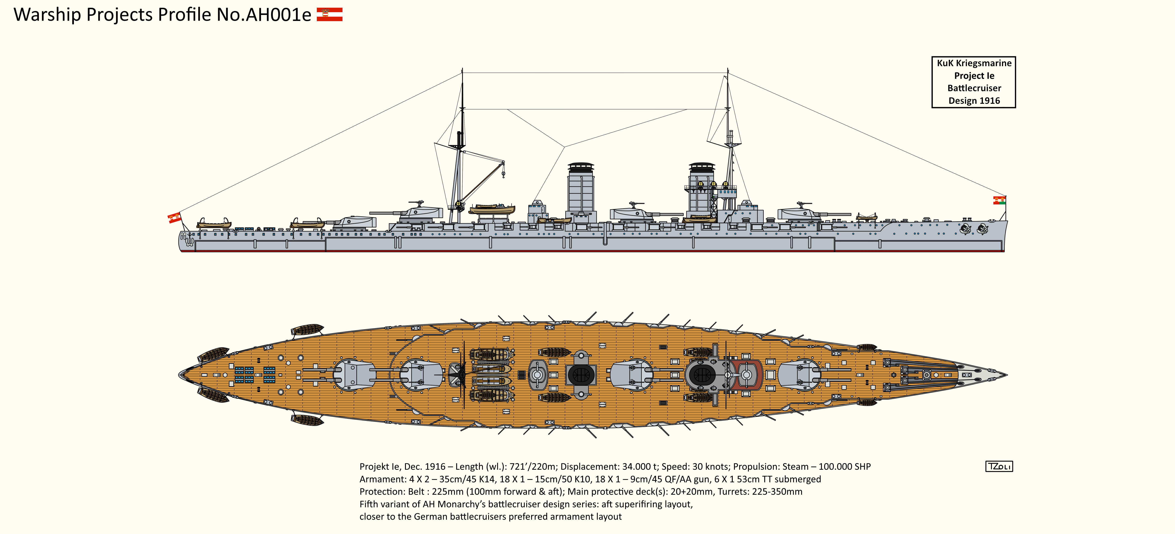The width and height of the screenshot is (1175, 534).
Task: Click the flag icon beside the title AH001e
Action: point(329,15)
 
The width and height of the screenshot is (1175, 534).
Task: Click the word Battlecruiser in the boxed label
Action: point(974,88)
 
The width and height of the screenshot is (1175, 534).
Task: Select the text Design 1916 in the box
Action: point(974,101)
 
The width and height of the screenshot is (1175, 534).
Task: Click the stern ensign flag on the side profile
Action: point(174,218)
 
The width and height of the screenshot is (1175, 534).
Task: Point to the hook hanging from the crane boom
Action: point(504,174)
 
